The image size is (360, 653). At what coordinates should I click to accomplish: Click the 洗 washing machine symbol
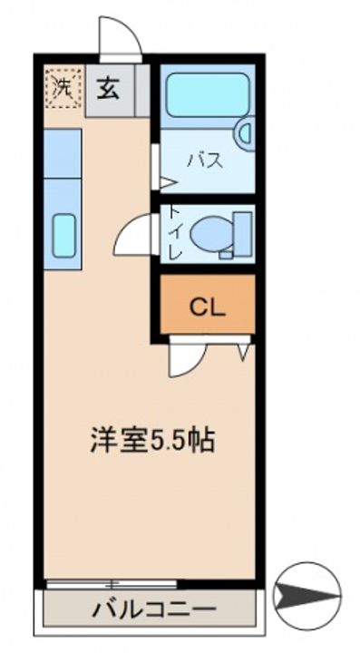[63, 87]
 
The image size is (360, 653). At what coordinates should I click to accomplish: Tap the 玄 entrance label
[108, 89]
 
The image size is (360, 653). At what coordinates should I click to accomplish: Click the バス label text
[205, 161]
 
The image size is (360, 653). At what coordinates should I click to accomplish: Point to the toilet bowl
[210, 234]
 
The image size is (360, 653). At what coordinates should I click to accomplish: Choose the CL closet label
[208, 307]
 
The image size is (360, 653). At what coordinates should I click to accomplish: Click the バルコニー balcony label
[155, 610]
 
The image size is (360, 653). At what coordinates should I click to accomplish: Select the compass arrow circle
[308, 596]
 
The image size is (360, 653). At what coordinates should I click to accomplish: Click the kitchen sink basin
[64, 235]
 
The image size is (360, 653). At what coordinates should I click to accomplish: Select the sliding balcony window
[112, 583]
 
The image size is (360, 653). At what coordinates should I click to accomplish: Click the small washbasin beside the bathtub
[244, 133]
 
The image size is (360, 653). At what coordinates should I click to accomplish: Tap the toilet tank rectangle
[243, 234]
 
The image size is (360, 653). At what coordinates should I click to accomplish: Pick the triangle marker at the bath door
[168, 182]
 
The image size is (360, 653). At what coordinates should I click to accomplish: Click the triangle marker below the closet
[244, 352]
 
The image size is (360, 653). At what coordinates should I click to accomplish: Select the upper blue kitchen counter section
[63, 153]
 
